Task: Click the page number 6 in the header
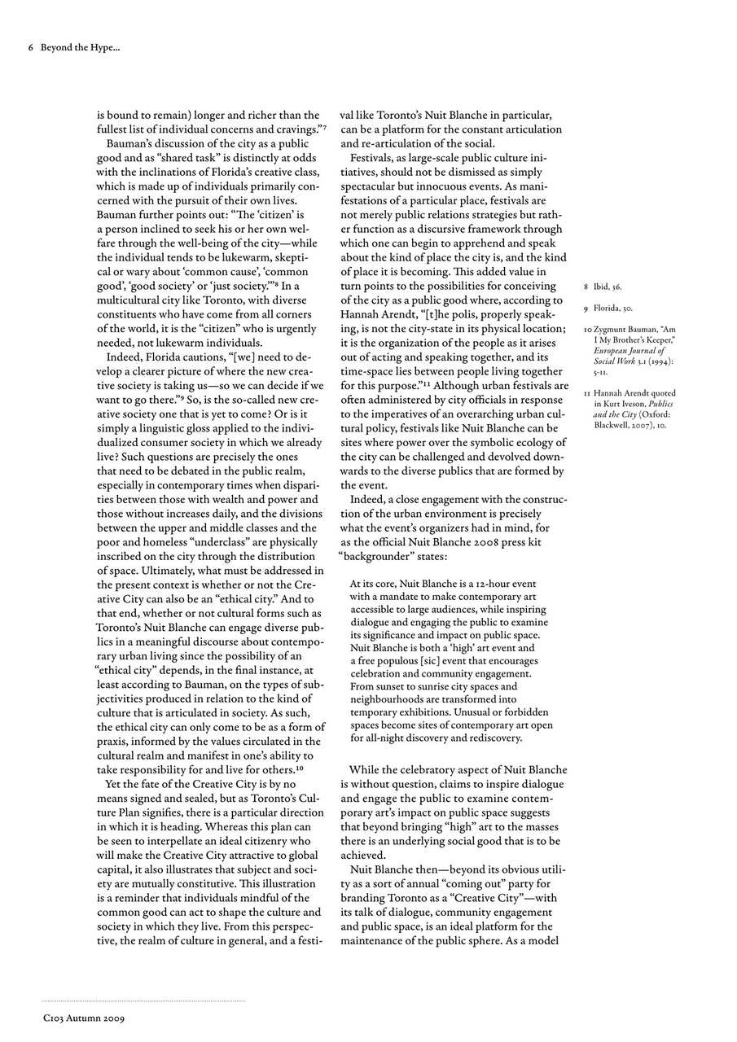[30, 47]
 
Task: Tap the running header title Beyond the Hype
[80, 47]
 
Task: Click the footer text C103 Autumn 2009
[84, 1017]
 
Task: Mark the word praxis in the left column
[113, 741]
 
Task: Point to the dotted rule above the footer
[143, 1000]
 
